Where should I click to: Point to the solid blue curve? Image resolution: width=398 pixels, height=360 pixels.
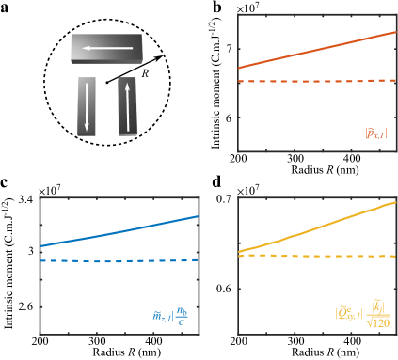click(x=119, y=231)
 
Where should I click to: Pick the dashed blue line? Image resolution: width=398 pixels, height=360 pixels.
click(x=119, y=260)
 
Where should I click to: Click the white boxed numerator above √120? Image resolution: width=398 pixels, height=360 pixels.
click(x=377, y=306)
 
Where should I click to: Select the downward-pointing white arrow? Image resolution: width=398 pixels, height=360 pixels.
click(x=88, y=105)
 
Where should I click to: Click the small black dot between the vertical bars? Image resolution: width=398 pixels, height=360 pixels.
click(x=107, y=83)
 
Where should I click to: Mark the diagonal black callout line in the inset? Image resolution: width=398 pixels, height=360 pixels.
click(x=126, y=74)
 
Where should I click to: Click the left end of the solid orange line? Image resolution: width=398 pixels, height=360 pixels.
click(x=239, y=68)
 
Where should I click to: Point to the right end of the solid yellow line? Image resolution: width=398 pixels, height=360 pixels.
click(x=395, y=201)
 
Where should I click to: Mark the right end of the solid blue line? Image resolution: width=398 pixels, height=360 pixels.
click(x=199, y=216)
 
